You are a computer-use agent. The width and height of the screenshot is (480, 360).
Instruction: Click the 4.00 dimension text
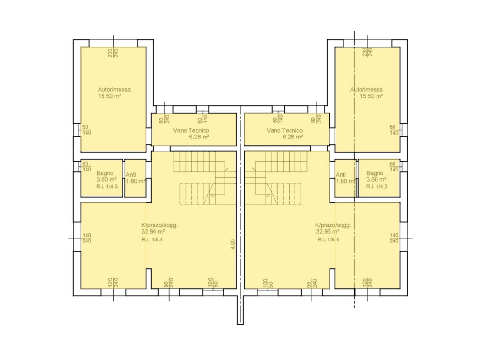(233, 244)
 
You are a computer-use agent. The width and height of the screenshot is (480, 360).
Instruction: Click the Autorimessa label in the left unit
(114, 90)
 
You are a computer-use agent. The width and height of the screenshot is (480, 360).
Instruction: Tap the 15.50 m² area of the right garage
(371, 96)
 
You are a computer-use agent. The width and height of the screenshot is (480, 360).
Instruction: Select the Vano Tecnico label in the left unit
(191, 130)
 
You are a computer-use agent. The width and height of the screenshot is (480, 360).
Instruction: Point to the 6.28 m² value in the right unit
(292, 137)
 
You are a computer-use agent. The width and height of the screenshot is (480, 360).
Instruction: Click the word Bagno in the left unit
(104, 173)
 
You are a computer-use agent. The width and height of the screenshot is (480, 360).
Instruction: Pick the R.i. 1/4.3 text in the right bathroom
(377, 186)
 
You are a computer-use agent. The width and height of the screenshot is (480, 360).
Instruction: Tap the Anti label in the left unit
(131, 175)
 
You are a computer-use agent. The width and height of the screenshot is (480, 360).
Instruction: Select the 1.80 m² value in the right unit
(345, 181)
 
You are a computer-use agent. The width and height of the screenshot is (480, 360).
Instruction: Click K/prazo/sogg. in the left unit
(159, 225)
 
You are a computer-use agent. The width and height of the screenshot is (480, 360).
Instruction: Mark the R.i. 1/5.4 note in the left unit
(152, 240)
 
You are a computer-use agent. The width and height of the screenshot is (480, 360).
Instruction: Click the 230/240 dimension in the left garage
(114, 52)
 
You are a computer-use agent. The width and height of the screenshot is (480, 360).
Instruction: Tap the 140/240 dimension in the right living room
(394, 238)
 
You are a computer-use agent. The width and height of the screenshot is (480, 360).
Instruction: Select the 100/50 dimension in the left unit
(213, 283)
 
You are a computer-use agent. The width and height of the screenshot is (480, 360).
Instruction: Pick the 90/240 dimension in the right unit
(311, 283)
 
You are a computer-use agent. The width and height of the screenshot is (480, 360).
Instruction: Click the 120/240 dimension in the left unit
(113, 283)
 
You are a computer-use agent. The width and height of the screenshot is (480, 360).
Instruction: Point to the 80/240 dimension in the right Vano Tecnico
(316, 119)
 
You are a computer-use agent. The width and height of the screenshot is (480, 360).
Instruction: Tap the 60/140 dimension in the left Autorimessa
(86, 130)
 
